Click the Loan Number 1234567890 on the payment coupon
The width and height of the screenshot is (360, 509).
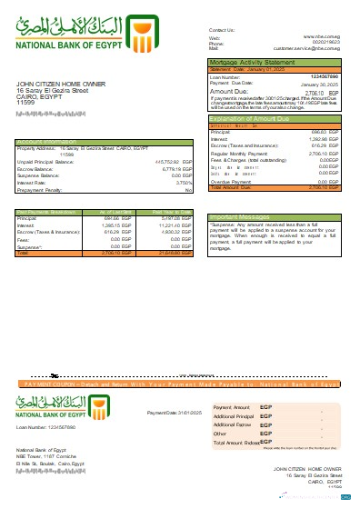click(x=45, y=425)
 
